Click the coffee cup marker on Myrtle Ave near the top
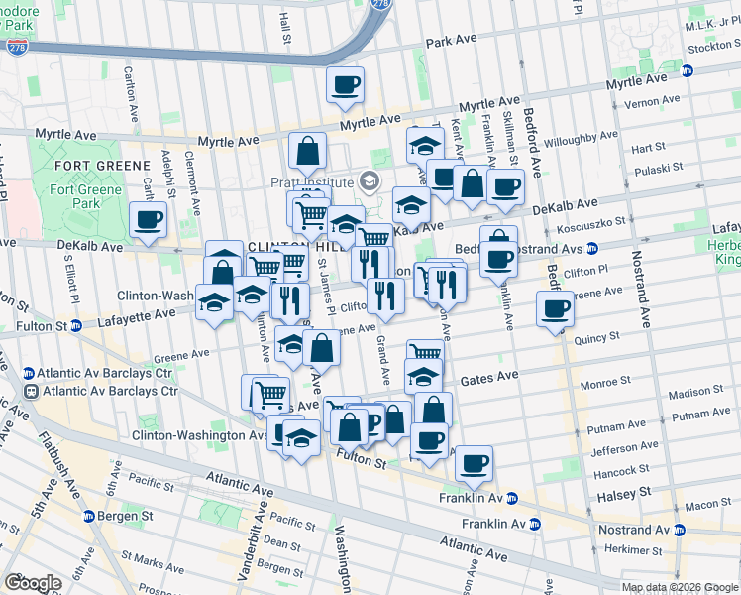(x=345, y=86)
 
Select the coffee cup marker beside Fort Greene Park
(x=148, y=221)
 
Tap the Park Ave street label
(x=451, y=43)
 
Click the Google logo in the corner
(x=33, y=583)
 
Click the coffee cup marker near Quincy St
(x=556, y=310)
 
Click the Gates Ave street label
(x=489, y=378)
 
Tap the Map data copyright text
(x=671, y=587)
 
